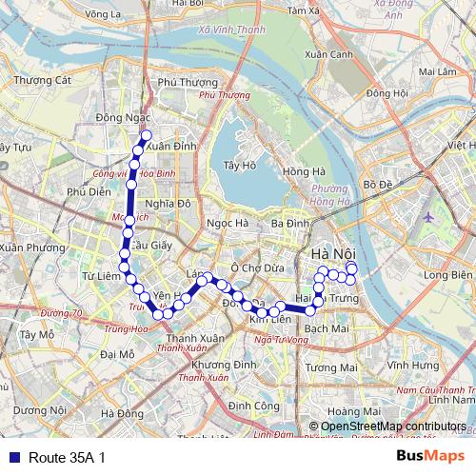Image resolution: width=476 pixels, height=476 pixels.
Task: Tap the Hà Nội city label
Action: tap(334, 255)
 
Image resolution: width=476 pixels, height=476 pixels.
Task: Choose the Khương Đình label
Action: tap(224, 366)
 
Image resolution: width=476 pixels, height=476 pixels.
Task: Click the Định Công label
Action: tap(248, 406)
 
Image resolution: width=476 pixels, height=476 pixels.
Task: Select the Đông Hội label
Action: tap(386, 93)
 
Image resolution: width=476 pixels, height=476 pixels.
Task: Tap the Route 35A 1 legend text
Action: tap(67, 457)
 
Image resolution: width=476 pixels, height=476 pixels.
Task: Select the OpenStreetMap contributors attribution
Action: tap(393, 426)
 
